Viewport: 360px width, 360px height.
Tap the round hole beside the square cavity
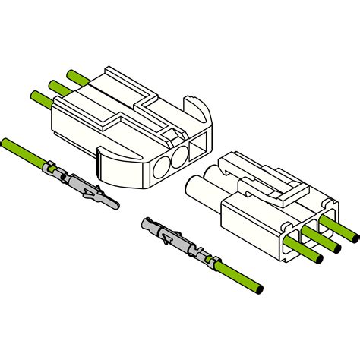182,158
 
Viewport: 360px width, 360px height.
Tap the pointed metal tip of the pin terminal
112,203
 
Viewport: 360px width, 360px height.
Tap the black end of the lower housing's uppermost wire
355,232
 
